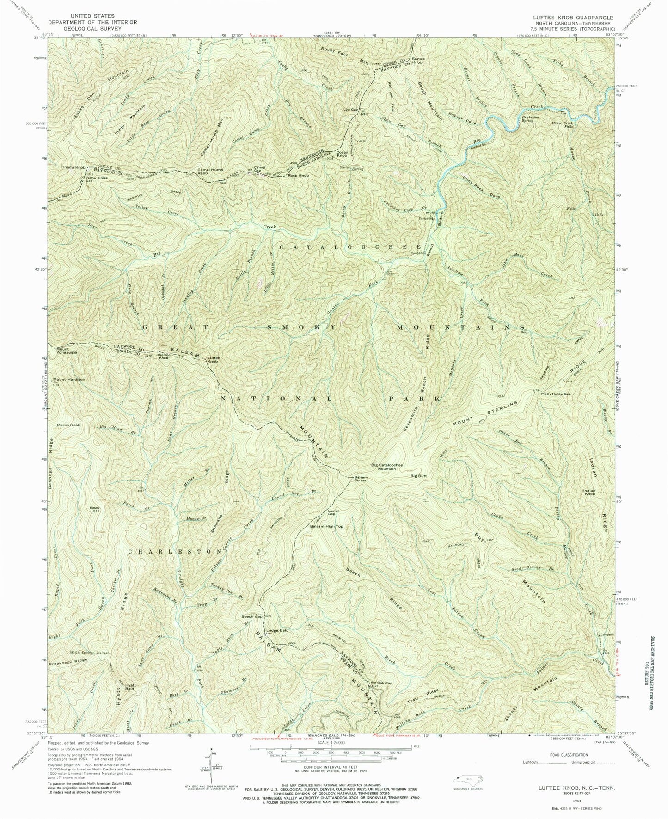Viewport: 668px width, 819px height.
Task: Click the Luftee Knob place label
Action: (x=213, y=359)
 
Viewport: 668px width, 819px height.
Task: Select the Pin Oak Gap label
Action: (x=381, y=683)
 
